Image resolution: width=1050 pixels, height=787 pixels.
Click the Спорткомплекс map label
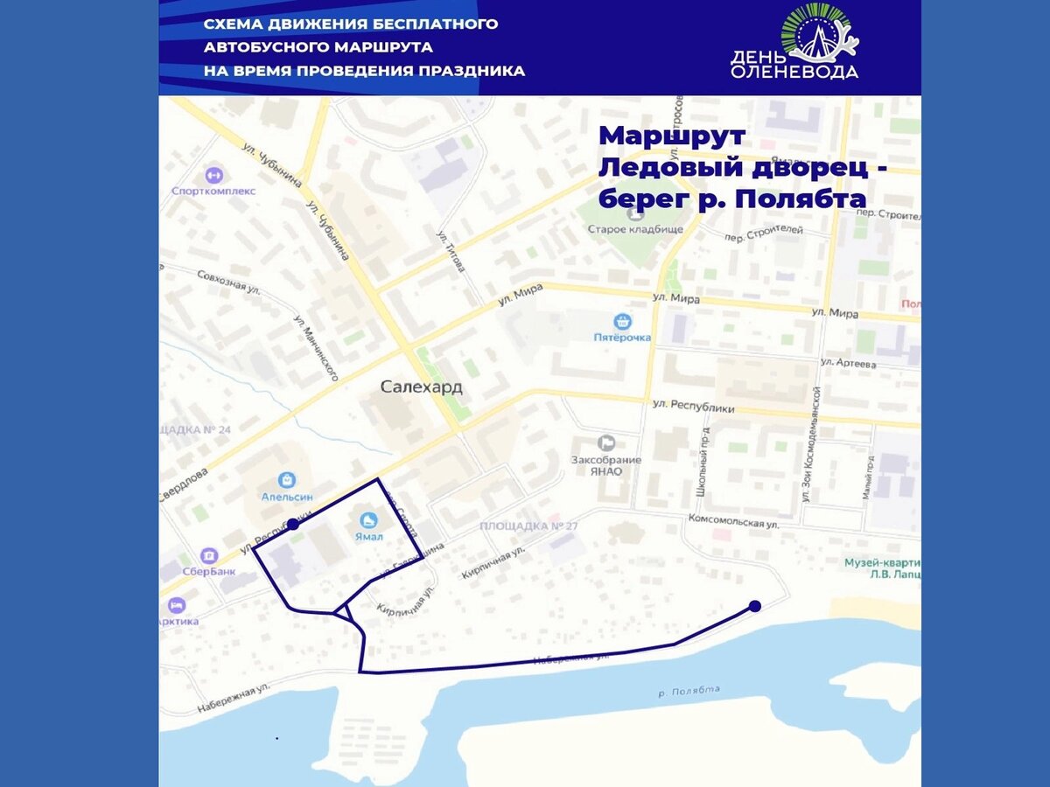[x=213, y=191]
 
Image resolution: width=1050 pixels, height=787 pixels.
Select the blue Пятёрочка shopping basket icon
[x=623, y=321]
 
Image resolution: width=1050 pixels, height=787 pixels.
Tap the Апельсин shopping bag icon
[x=286, y=479]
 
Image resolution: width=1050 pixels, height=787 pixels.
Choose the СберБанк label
[x=209, y=572]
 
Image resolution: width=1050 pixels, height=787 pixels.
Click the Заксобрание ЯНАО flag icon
[x=606, y=443]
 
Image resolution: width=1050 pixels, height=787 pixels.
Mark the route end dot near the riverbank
[x=755, y=606]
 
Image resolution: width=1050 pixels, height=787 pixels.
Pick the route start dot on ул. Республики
[x=293, y=525]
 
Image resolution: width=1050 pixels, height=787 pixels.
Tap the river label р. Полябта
[x=689, y=691]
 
